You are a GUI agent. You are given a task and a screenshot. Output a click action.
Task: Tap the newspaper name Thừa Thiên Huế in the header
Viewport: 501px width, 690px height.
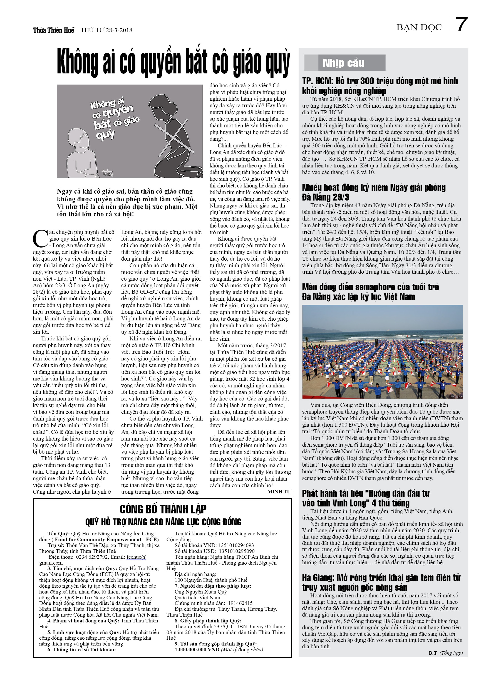pyautogui.click(x=54, y=30)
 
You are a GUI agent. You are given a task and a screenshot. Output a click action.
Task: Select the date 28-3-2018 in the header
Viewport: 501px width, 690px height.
pyautogui.click(x=119, y=30)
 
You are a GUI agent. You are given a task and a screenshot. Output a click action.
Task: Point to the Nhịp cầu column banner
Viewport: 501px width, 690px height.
pyautogui.click(x=345, y=63)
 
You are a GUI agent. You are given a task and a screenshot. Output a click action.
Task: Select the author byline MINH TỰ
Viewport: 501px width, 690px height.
pyautogui.click(x=279, y=492)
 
